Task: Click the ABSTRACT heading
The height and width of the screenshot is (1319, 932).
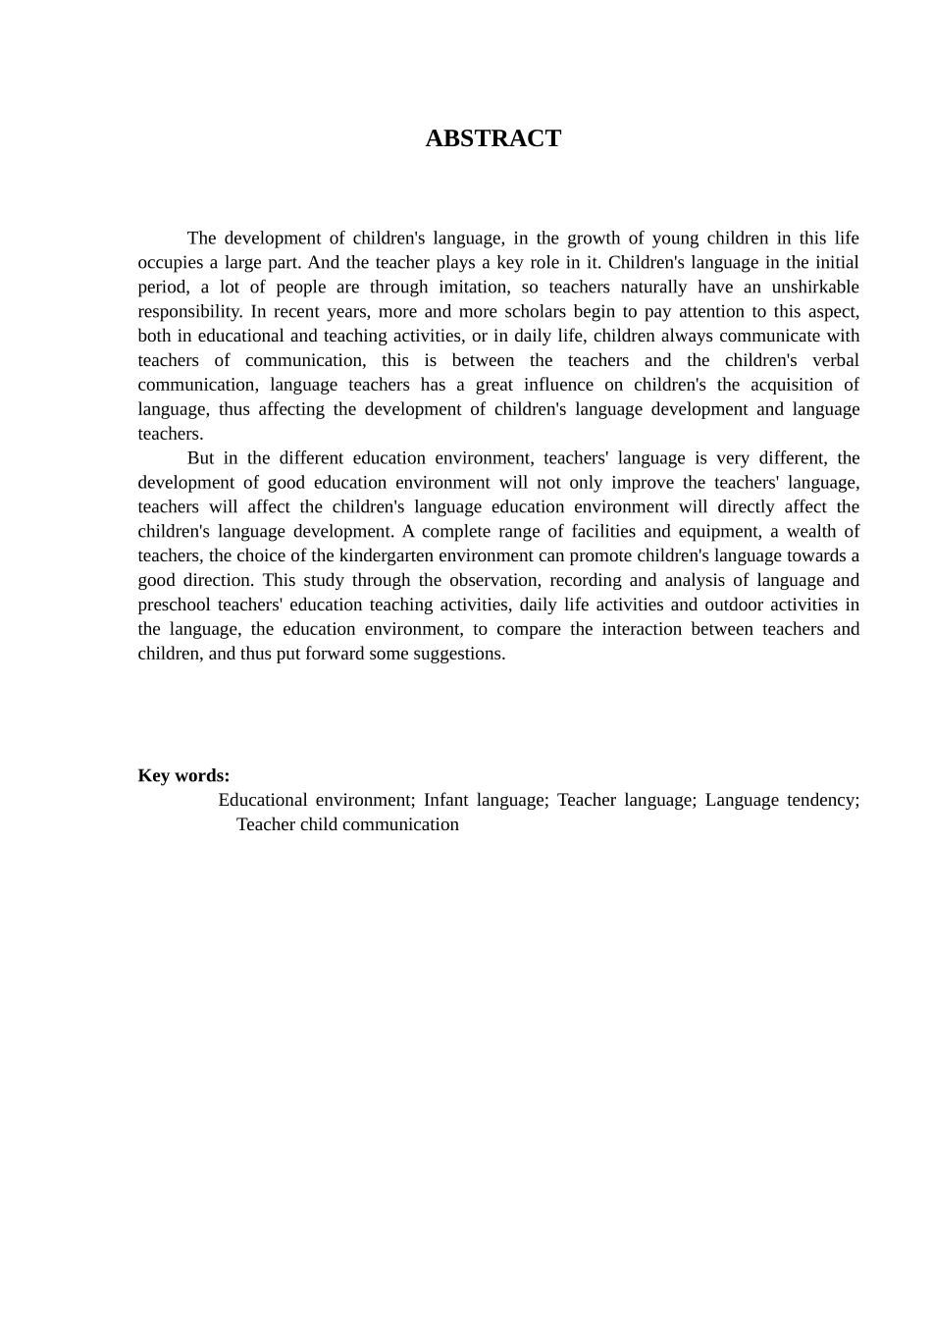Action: [492, 138]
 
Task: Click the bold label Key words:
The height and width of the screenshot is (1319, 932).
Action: [183, 775]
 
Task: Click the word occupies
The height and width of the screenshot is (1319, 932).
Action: [169, 262]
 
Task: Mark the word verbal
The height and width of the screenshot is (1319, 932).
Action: [835, 360]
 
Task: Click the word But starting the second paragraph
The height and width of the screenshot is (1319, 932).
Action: [200, 457]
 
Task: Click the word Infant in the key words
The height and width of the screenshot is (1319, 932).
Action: [445, 800]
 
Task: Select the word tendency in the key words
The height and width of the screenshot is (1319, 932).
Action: [822, 800]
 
